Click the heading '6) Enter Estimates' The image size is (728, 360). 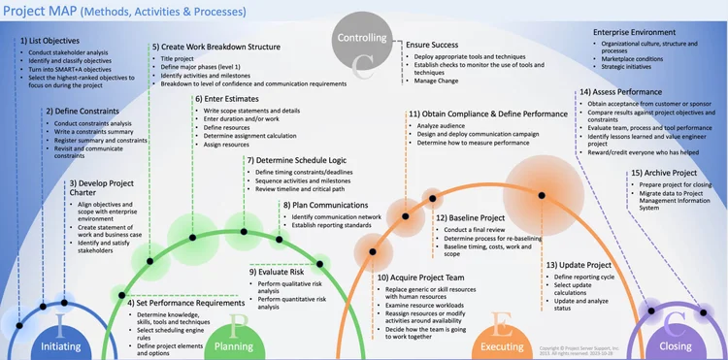tap(228, 98)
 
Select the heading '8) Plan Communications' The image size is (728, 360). tap(325, 205)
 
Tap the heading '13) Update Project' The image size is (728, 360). tap(578, 265)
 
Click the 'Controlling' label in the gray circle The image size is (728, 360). tap(362, 38)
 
